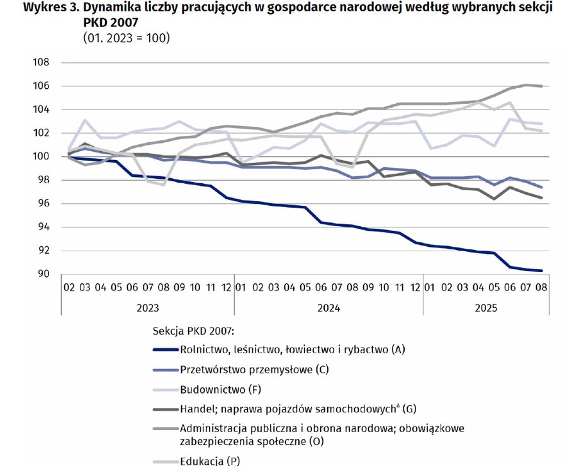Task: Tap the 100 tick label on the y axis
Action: (40, 156)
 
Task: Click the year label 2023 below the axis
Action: (147, 309)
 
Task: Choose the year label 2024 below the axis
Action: (329, 309)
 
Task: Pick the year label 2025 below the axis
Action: (486, 309)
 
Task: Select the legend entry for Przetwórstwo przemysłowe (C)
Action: (254, 369)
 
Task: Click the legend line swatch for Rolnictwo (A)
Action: (165, 349)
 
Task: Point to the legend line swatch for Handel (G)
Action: (165, 409)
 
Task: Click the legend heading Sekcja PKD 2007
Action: (193, 330)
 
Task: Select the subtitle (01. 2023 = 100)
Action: (126, 38)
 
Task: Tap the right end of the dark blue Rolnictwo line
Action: (542, 271)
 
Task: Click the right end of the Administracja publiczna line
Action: (542, 86)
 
